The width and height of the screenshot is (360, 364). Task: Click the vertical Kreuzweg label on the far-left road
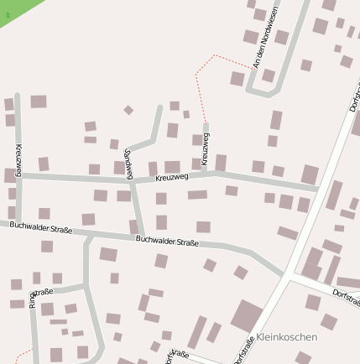[x=18, y=159]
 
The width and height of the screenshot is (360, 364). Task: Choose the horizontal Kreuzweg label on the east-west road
[x=173, y=178]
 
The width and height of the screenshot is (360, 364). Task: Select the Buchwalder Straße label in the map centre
[x=167, y=242]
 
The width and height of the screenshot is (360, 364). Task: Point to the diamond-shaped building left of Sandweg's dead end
[x=128, y=110]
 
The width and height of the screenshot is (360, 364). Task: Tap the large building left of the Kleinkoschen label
[x=245, y=317]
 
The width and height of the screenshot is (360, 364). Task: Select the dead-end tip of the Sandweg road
[x=159, y=107]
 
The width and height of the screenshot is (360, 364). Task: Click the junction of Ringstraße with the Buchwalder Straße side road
[x=87, y=286]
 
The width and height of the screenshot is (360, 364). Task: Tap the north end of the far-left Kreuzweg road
[x=17, y=95]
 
